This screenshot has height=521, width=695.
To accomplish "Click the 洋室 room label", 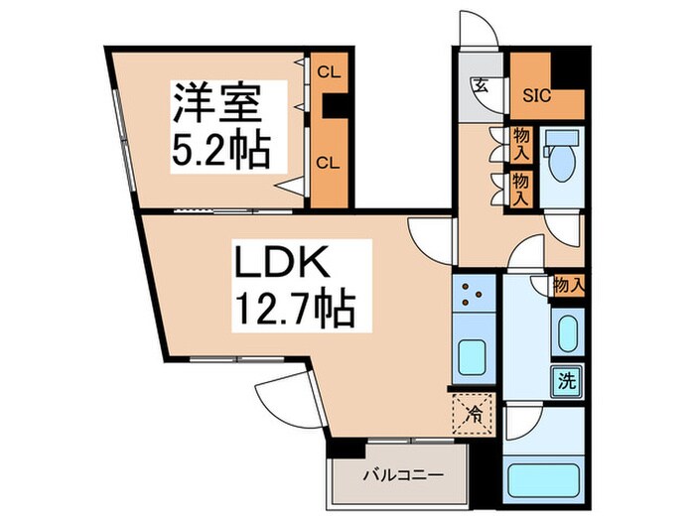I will point(220,102).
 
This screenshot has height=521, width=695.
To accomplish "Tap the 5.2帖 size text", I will point(222,150).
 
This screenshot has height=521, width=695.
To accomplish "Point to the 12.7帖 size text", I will point(294,312).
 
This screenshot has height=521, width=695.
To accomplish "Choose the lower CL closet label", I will point(326,162).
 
